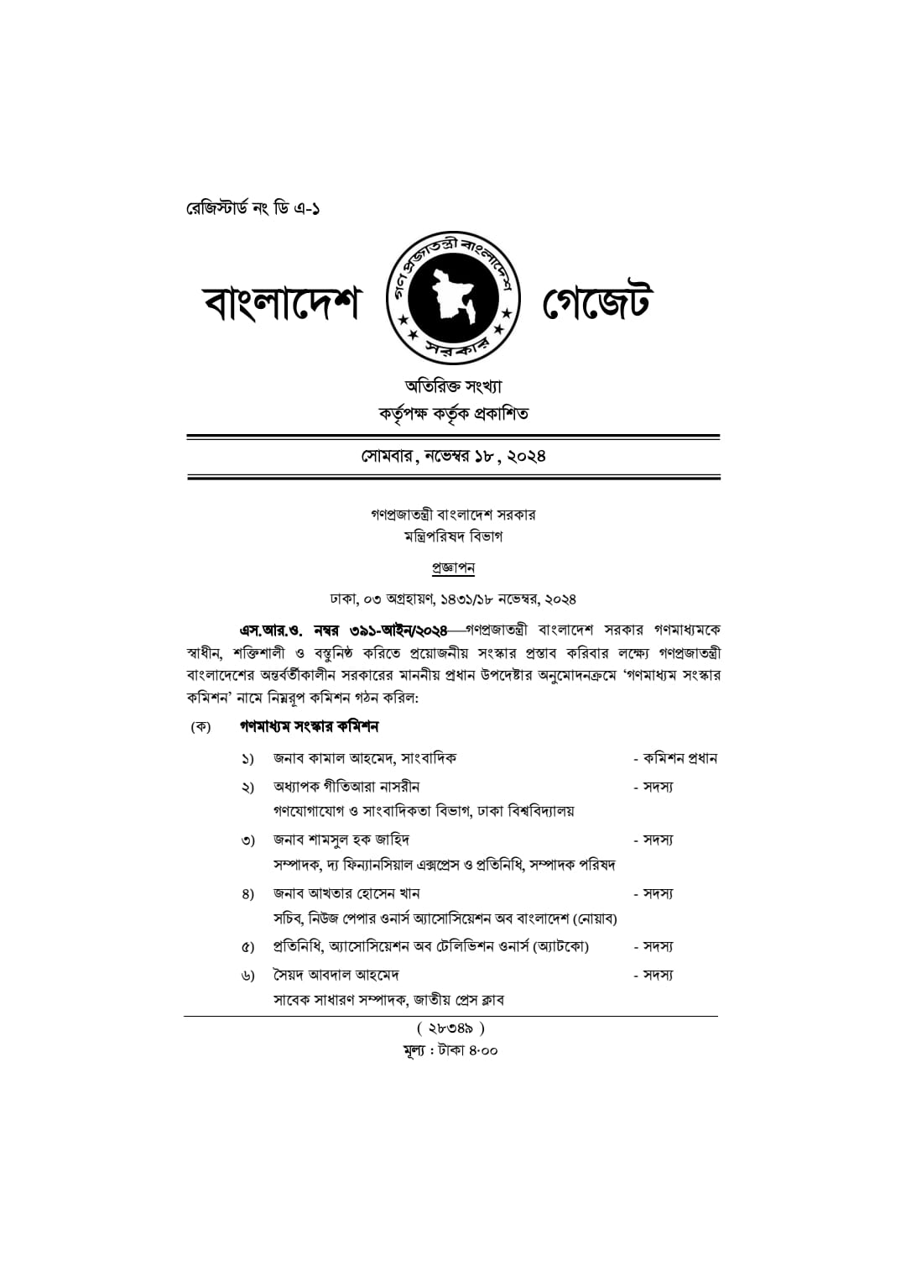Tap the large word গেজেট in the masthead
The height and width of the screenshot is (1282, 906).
coord(596,303)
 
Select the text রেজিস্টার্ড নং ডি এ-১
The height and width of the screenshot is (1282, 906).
coord(253,207)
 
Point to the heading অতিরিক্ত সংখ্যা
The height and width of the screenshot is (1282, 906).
coord(453,386)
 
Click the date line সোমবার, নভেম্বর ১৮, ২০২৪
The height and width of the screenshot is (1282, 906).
coord(453,456)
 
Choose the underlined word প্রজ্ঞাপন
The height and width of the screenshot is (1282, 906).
coord(453,568)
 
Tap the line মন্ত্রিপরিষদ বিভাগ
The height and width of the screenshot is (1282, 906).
coord(453,536)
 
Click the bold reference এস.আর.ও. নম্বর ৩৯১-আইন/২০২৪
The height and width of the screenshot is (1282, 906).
coord(343,631)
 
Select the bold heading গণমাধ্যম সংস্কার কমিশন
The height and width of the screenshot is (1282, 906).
coord(310,725)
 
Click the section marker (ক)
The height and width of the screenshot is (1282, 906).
coord(200,726)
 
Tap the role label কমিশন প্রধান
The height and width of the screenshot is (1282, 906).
coord(679,758)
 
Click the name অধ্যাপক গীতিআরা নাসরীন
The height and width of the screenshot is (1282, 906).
coord(346,787)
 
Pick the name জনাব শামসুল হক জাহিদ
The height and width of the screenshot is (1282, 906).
coord(341,840)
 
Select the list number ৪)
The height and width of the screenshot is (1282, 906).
coord(247,894)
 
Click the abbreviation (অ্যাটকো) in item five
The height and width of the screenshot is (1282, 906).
coord(561,947)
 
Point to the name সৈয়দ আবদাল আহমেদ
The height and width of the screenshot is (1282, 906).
coord(336,975)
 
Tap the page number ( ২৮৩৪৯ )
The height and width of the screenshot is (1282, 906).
coord(450,1028)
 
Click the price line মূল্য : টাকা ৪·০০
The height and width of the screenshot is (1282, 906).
coord(450,1050)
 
